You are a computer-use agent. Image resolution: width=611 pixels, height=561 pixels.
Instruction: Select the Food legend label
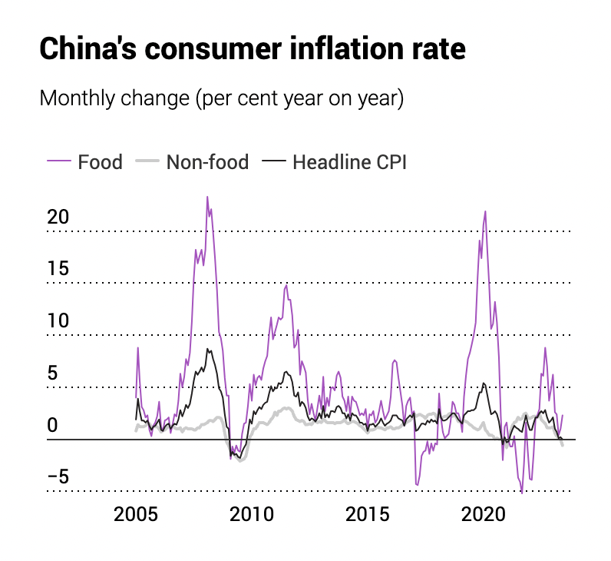click(100, 162)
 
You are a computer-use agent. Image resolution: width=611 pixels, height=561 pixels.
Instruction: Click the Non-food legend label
click(207, 162)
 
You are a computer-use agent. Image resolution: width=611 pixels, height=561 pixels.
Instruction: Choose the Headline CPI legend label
click(349, 162)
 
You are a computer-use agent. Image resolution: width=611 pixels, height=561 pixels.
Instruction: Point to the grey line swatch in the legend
click(147, 162)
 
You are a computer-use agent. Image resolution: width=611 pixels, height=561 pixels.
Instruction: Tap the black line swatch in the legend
click(274, 162)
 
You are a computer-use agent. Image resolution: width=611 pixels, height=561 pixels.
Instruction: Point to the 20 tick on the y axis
click(58, 217)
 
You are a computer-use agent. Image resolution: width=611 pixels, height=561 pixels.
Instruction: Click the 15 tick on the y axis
click(58, 269)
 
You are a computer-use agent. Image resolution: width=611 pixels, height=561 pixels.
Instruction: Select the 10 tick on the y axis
click(58, 321)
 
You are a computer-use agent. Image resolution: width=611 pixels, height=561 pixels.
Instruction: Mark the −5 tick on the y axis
click(58, 477)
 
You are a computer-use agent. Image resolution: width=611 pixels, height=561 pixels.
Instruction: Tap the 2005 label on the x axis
click(136, 514)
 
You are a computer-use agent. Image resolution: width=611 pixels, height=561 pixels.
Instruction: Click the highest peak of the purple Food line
click(207, 197)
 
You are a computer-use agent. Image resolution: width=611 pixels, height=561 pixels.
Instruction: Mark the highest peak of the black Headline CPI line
click(206, 349)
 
